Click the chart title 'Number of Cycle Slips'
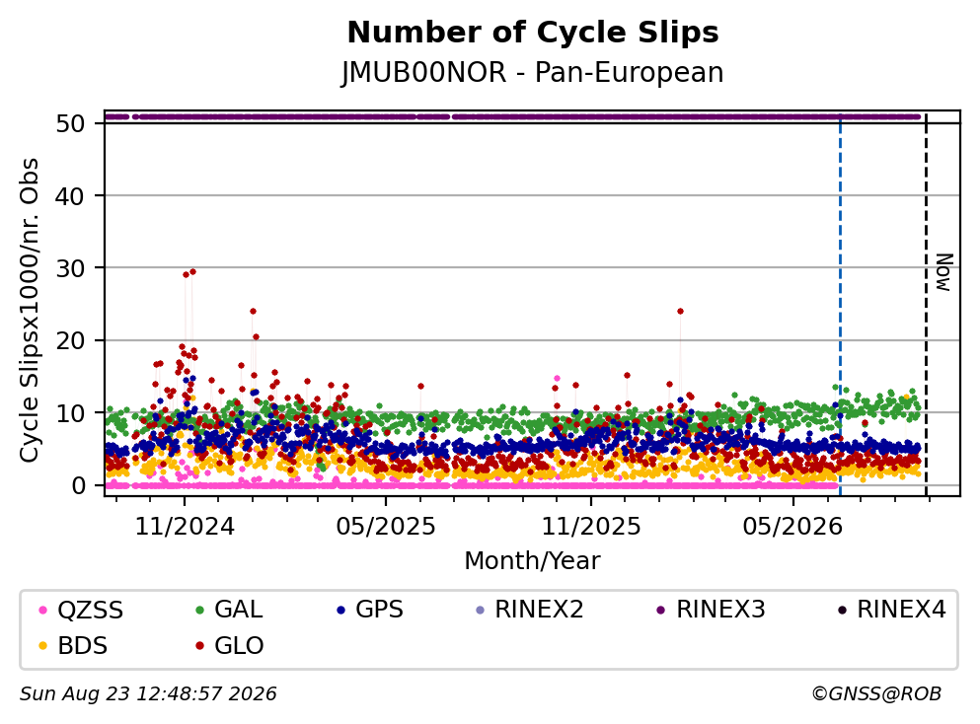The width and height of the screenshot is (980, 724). (x=533, y=34)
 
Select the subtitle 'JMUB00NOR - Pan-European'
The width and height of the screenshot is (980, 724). (x=533, y=72)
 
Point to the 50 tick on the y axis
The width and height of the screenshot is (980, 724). (x=71, y=123)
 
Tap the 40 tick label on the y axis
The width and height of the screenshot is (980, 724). (x=71, y=196)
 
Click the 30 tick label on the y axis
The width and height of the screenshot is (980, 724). (x=71, y=268)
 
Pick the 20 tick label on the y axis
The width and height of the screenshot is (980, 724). (x=71, y=340)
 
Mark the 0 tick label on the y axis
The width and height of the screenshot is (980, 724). (x=78, y=485)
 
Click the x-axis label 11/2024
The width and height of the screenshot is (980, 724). (x=185, y=527)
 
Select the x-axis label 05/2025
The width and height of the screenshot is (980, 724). (x=386, y=527)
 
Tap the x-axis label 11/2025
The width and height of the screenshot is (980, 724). (x=590, y=527)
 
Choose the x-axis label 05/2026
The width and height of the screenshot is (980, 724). (x=792, y=527)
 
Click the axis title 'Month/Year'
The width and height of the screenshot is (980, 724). (x=533, y=561)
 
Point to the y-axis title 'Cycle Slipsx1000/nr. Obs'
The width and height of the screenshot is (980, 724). (x=29, y=311)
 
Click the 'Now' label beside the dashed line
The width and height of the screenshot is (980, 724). (x=943, y=272)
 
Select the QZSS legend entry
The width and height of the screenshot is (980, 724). (x=81, y=610)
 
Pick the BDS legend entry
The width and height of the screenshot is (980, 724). (x=73, y=646)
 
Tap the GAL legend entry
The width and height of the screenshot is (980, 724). (x=229, y=610)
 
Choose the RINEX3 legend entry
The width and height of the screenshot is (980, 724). (x=712, y=610)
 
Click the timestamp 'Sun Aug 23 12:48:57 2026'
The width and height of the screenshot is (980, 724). (x=148, y=694)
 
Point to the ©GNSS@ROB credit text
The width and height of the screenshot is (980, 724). (x=876, y=694)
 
